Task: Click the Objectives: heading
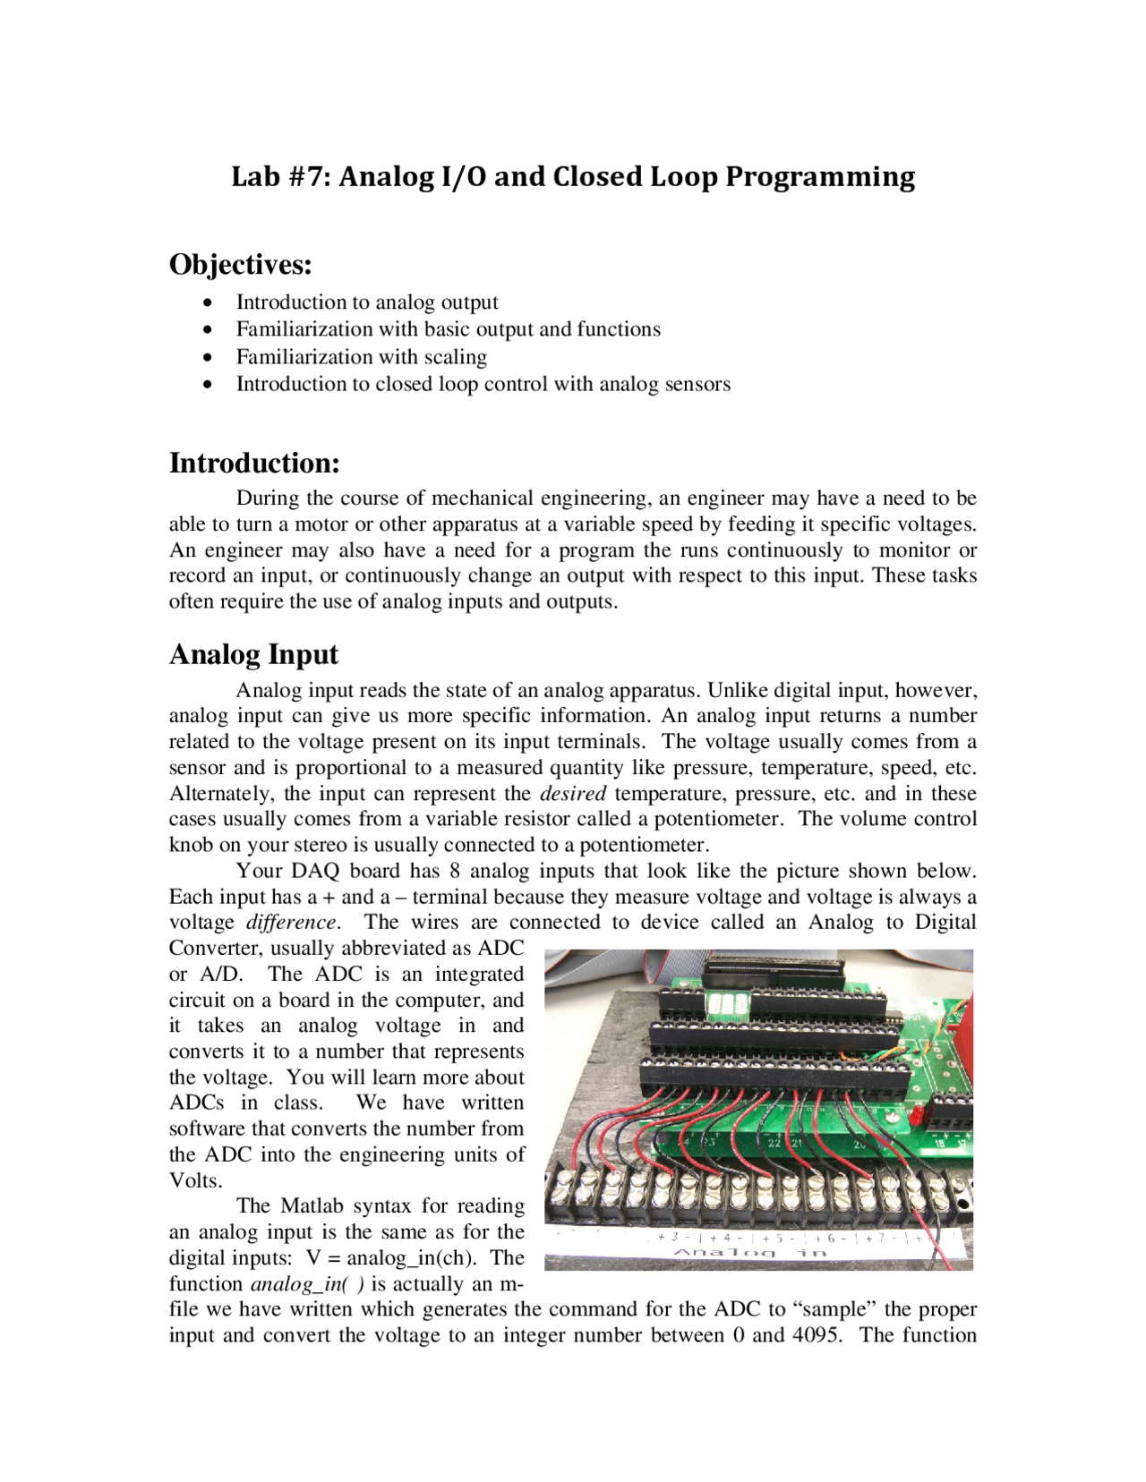[241, 265]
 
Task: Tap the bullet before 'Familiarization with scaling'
[208, 357]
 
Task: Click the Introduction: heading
[254, 463]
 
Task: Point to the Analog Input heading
[253, 654]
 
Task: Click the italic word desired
[573, 794]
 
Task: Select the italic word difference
[292, 923]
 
